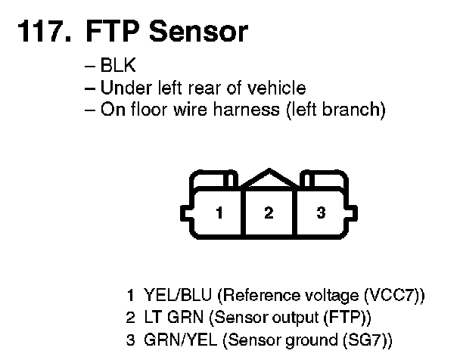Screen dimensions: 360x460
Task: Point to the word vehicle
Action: (x=280, y=88)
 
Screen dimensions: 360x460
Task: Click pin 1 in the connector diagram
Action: (x=219, y=213)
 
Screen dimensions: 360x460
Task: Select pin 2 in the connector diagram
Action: (x=269, y=213)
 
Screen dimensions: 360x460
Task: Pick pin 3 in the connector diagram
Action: (x=320, y=213)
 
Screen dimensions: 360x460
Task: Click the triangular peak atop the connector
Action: (x=269, y=177)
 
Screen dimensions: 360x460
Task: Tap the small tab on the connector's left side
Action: (x=184, y=213)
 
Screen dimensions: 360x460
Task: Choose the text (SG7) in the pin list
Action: (x=365, y=337)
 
